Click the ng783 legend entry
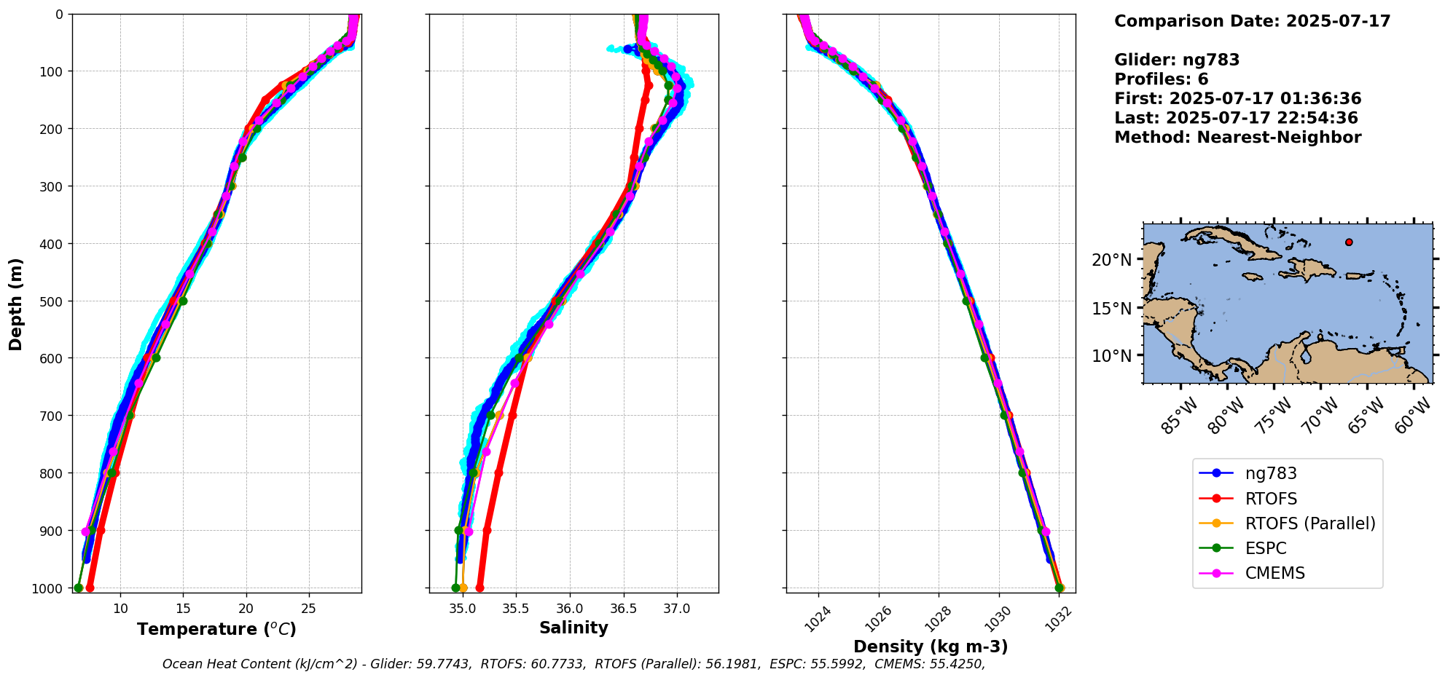coord(1270,473)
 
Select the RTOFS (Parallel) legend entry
coord(1309,523)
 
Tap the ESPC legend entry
coord(1265,548)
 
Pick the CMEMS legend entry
coord(1274,573)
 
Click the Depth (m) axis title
coord(15,304)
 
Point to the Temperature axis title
coord(216,629)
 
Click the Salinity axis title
coord(573,628)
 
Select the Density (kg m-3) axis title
coord(931,647)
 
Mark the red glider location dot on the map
coord(1349,242)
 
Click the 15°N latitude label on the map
coord(1112,308)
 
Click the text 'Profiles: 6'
coord(1161,79)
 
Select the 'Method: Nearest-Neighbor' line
coord(1237,138)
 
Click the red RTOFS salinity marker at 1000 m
coord(479,588)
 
